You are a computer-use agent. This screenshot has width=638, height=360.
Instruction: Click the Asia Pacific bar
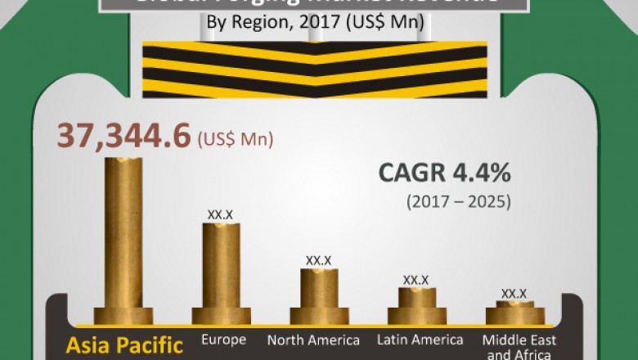(123, 237)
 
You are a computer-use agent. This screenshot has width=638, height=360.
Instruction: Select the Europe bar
(221, 270)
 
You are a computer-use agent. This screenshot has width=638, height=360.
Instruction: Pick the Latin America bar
(416, 303)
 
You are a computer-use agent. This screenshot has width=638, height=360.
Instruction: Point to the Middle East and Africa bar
(514, 312)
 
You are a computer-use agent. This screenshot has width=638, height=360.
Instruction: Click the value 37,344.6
(123, 137)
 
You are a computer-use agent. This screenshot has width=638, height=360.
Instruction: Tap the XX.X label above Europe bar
(220, 214)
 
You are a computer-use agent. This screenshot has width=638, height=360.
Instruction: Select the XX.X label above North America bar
(318, 260)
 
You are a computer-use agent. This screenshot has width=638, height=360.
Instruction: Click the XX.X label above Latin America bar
(416, 280)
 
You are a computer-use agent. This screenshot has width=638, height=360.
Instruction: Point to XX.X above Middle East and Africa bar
(514, 293)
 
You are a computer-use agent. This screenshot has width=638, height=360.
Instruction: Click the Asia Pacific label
(124, 344)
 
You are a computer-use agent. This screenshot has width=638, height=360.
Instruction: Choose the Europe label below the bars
(223, 340)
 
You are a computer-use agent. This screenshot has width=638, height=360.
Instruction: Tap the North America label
(313, 340)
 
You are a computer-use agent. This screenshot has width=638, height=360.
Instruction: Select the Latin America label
(420, 340)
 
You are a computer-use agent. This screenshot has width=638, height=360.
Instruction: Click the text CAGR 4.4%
(445, 174)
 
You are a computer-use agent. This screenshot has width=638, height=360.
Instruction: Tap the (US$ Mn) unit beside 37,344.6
(236, 140)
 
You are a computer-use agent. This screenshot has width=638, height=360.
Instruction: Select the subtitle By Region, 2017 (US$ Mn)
(315, 22)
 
